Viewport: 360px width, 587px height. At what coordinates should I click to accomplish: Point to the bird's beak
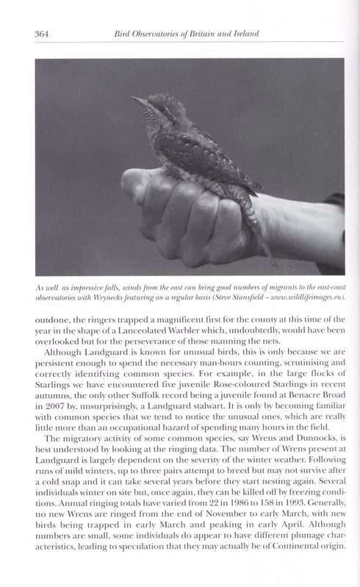[136, 98]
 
